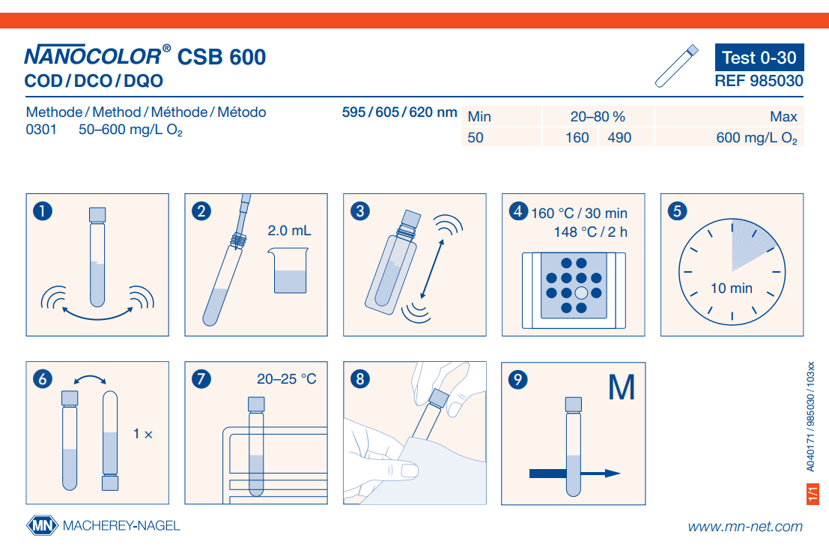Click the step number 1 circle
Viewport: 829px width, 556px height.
tap(43, 211)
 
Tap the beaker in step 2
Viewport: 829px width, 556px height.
tap(288, 271)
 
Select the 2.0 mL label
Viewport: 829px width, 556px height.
tap(289, 231)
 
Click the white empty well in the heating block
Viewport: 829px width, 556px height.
tap(581, 292)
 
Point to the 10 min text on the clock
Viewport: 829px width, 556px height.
tap(731, 288)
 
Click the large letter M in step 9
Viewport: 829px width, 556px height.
tap(622, 387)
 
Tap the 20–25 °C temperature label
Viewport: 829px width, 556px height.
tap(287, 378)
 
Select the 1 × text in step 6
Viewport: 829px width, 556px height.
tap(143, 435)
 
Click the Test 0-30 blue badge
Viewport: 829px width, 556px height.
tap(759, 57)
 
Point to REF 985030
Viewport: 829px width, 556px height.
tap(759, 81)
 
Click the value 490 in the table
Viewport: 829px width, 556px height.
tap(619, 138)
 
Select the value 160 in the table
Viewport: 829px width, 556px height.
tap(577, 138)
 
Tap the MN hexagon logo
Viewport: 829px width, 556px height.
tap(42, 525)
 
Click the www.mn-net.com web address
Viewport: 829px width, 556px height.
tap(745, 526)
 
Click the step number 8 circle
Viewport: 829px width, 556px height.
tap(360, 378)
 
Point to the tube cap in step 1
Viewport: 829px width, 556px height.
tap(97, 214)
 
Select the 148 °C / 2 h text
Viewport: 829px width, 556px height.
tap(591, 232)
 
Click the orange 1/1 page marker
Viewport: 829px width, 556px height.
tap(813, 494)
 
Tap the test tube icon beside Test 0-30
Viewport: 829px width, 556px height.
tap(677, 66)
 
